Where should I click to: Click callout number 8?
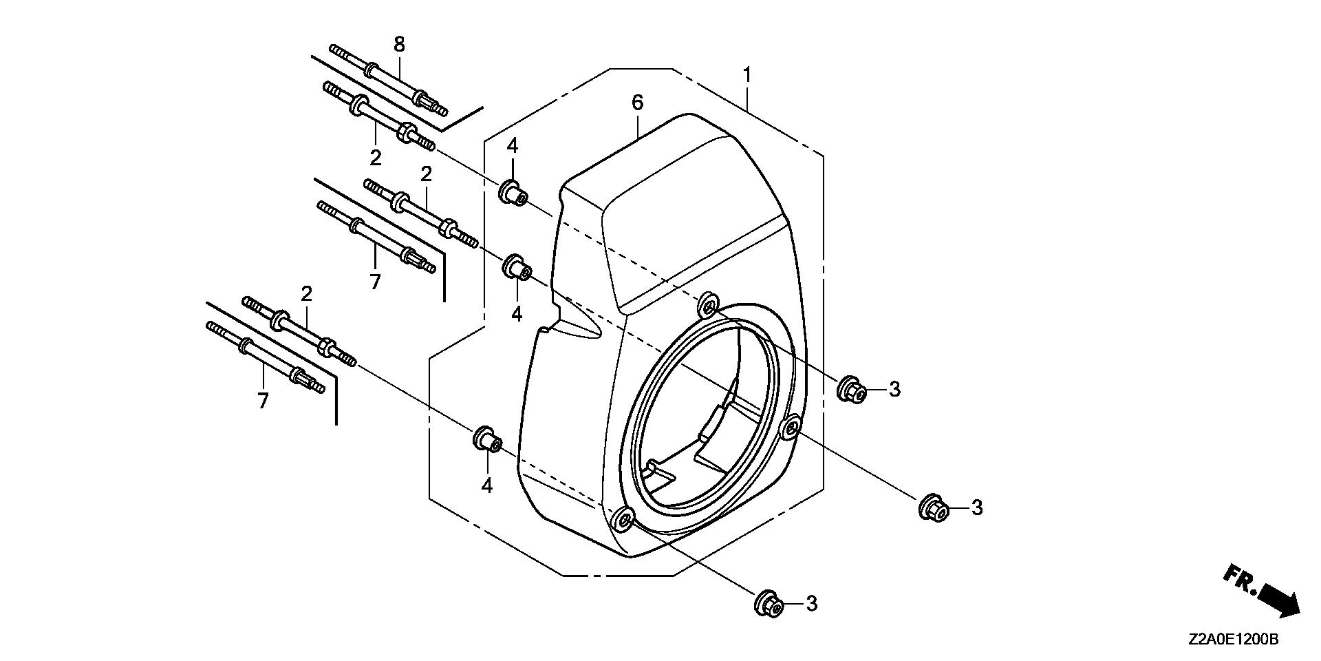point(399,45)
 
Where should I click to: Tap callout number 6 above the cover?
point(637,103)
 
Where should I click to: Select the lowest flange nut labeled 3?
point(769,605)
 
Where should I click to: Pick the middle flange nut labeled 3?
point(934,508)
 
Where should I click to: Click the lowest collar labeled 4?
point(486,439)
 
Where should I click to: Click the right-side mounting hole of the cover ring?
point(791,427)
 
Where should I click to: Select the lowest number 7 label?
point(263,401)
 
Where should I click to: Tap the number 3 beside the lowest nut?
point(812,604)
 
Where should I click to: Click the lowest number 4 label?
point(487,485)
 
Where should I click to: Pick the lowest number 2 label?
point(307,294)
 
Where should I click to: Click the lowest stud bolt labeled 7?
point(265,357)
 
